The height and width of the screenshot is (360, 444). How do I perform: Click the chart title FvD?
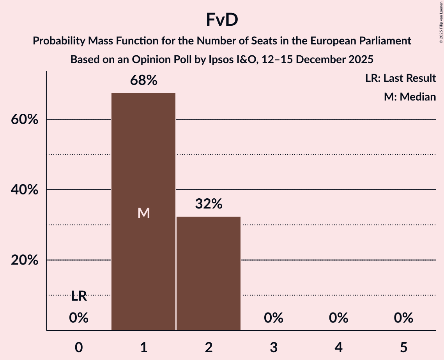point(222,20)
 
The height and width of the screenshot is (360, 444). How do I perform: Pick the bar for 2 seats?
point(209,273)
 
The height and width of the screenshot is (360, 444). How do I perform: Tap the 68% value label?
point(144,81)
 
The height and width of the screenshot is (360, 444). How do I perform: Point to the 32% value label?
point(209,204)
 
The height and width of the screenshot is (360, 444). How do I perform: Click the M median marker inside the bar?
point(144,213)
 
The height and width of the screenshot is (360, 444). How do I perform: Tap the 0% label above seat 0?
point(79,318)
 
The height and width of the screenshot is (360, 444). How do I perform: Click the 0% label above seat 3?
point(274,318)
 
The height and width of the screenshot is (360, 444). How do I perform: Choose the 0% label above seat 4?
point(338,318)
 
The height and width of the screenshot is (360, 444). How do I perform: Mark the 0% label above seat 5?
point(403,318)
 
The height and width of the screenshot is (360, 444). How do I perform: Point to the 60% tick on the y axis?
point(25,120)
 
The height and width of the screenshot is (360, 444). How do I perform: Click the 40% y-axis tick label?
point(25,190)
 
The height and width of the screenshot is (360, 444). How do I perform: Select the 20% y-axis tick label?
point(25,260)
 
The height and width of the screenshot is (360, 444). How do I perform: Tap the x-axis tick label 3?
point(274,347)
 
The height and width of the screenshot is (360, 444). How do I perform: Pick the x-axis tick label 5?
point(403,347)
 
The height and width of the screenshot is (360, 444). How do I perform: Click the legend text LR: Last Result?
point(400,78)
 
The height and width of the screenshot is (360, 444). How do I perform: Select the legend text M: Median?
point(410,97)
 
